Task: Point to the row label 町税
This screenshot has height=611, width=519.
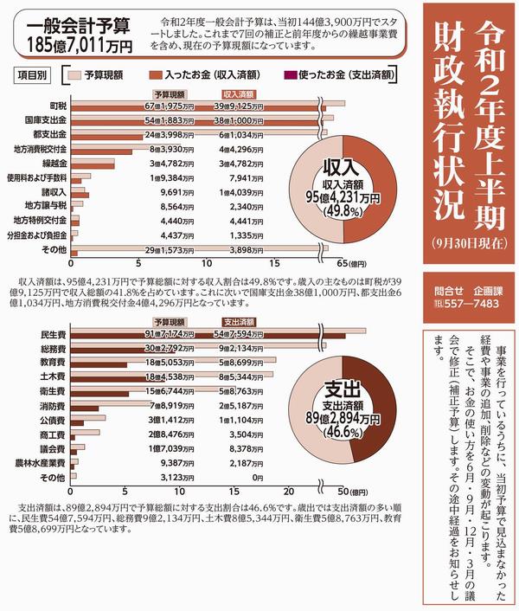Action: tap(59, 105)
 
